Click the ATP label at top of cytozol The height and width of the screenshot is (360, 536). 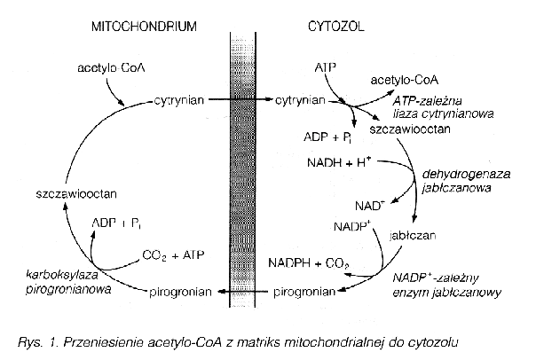325,67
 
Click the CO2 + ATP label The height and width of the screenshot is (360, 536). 174,256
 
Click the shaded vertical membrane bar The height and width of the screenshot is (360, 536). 243,177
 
